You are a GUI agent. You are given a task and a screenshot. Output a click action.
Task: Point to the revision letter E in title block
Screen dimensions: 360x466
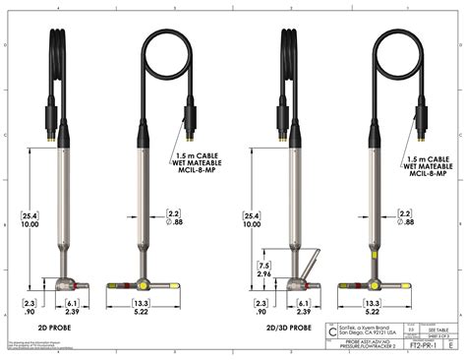coord(450,347)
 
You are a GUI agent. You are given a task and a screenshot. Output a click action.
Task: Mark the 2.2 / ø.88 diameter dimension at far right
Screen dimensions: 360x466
coord(404,217)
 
